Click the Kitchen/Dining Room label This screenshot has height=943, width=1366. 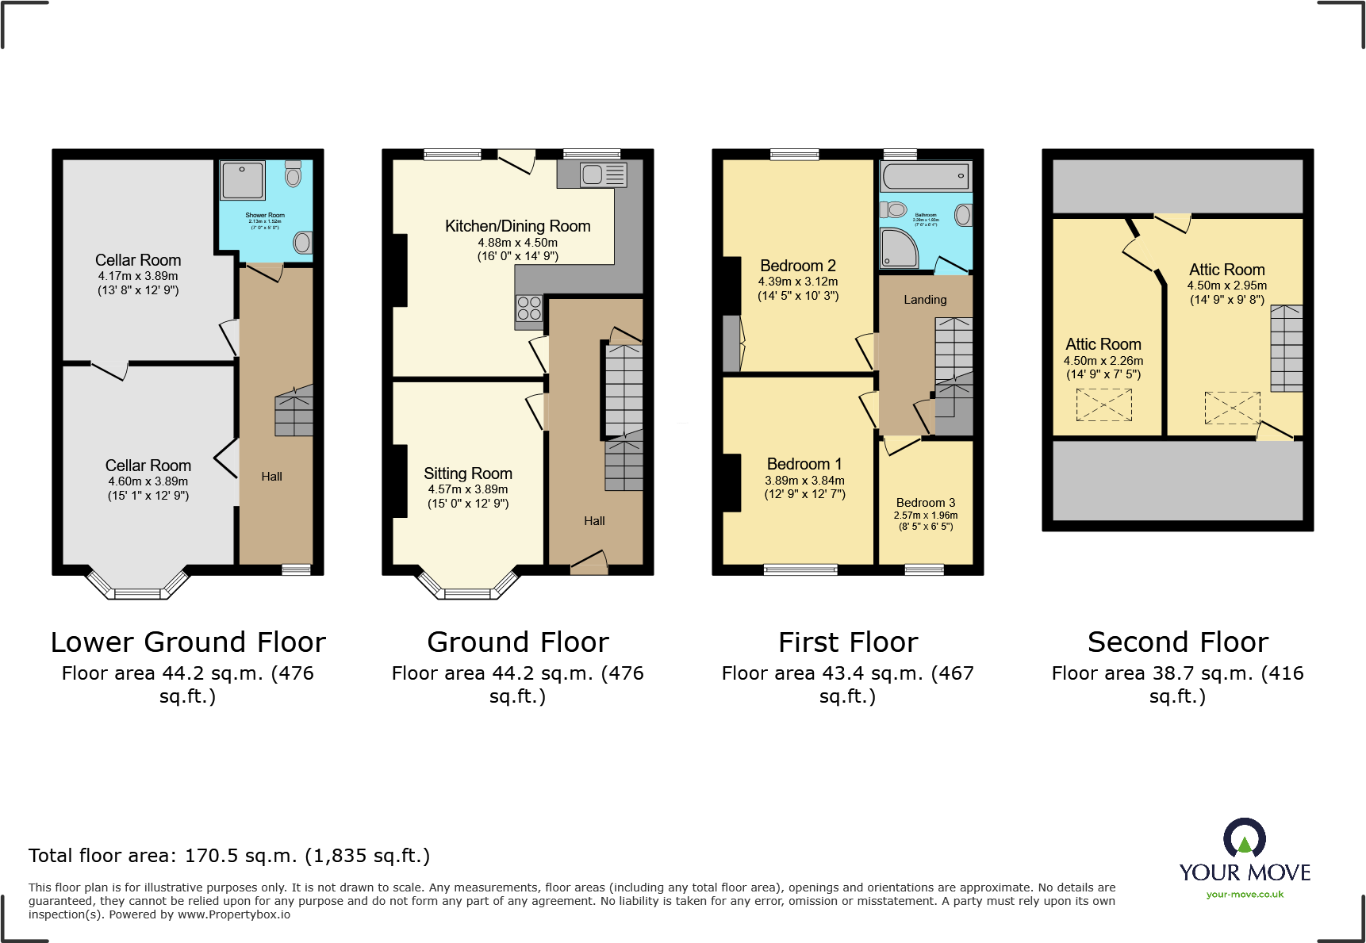[x=517, y=226]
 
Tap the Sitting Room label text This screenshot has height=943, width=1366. [x=467, y=473]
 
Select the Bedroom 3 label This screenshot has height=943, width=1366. [x=925, y=503]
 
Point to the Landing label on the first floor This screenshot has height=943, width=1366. [x=925, y=300]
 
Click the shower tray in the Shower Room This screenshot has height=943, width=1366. [x=243, y=181]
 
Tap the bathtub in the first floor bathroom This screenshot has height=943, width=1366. [x=925, y=176]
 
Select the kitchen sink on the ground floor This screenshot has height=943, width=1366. [x=603, y=174]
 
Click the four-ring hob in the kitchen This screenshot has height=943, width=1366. [x=529, y=309]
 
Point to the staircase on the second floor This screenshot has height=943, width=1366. [x=1286, y=348]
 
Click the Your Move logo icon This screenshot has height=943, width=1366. [x=1244, y=839]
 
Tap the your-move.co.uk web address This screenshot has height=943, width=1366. [x=1245, y=895]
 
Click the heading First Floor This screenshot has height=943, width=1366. [x=847, y=642]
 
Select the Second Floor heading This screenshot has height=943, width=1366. [x=1177, y=642]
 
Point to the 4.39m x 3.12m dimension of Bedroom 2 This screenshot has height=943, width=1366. [x=797, y=282]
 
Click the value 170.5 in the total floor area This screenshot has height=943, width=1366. [x=207, y=856]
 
